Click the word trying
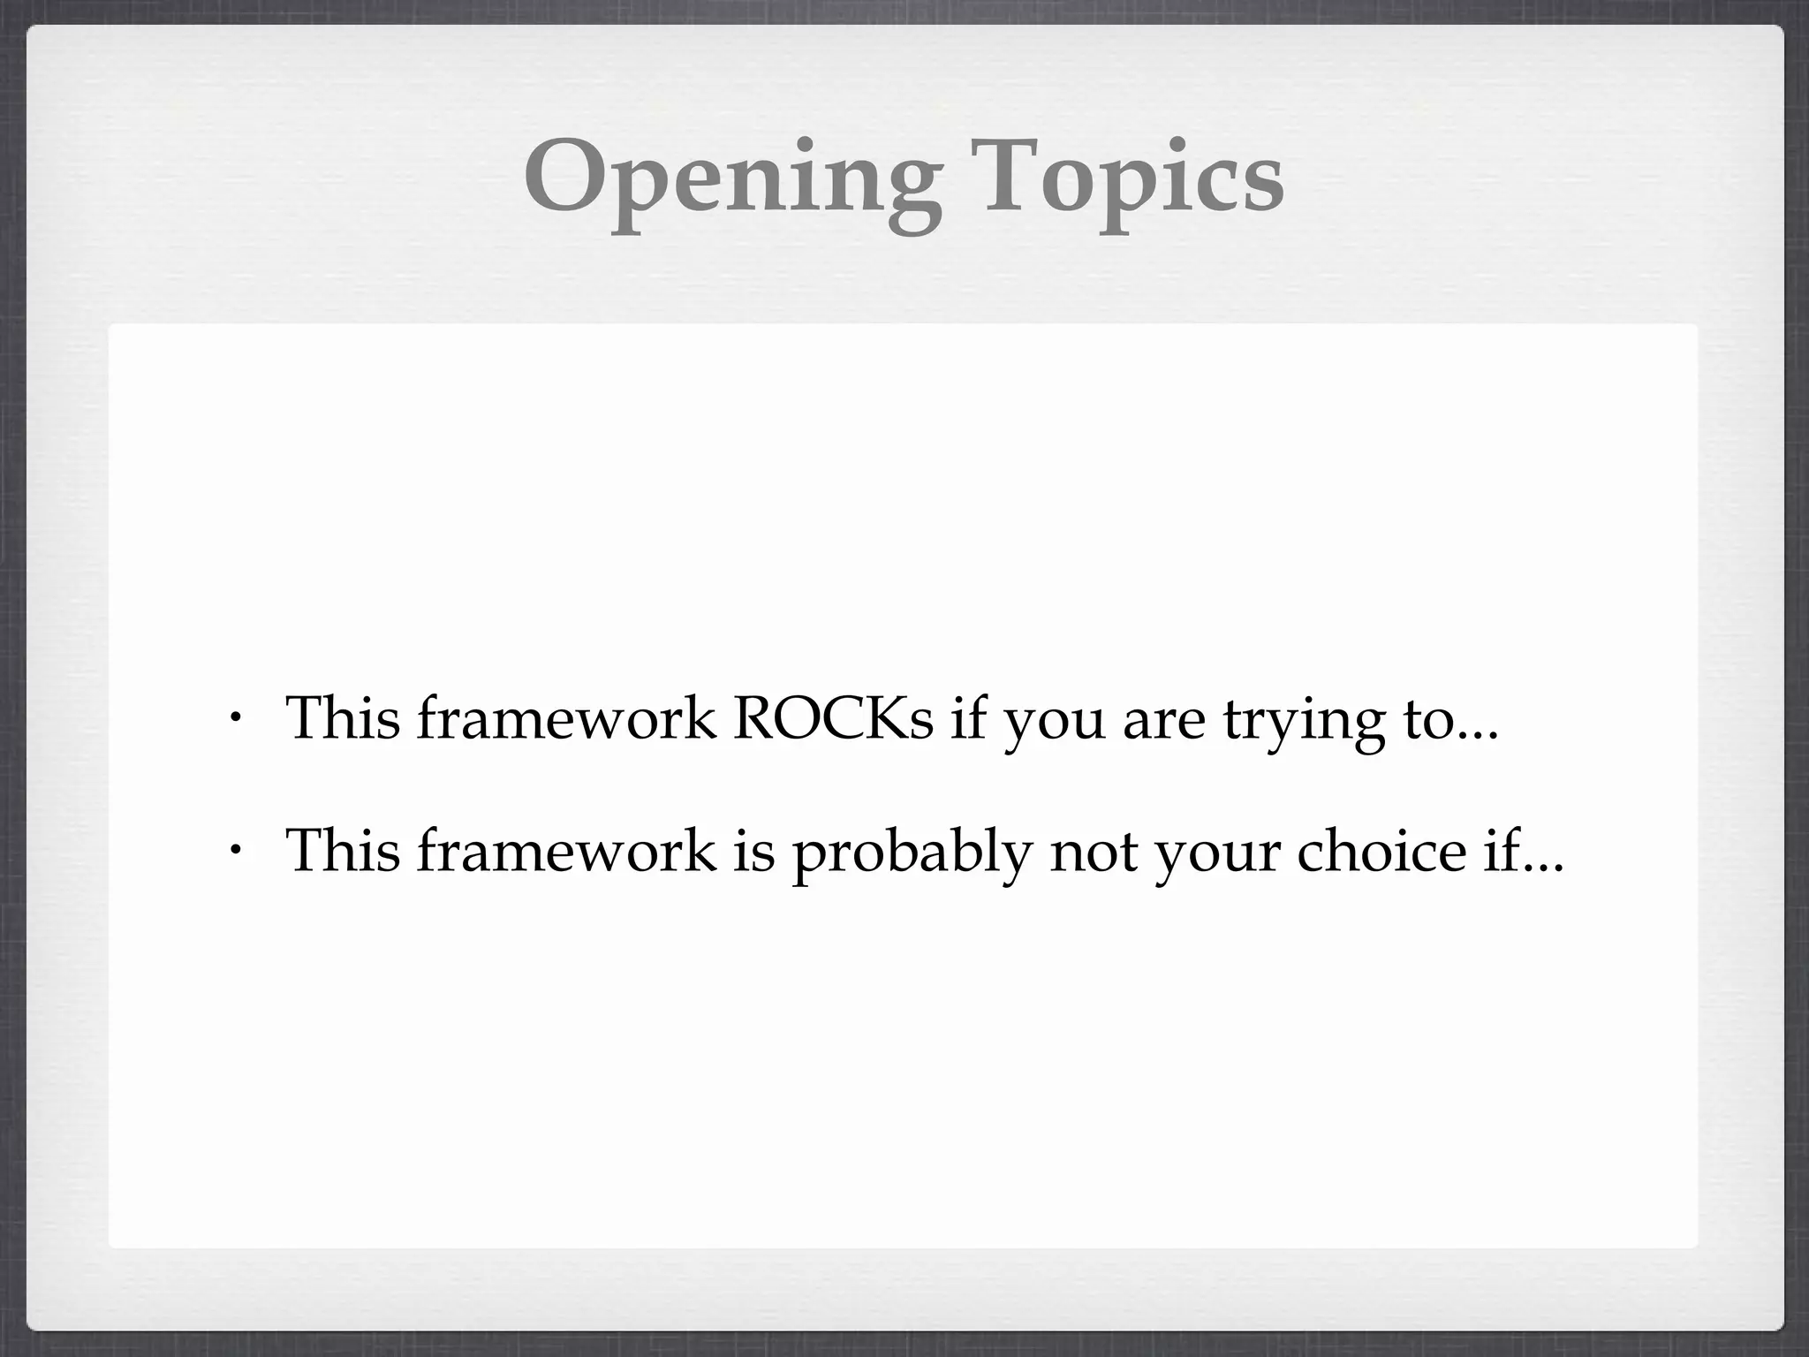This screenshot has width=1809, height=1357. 1304,721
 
